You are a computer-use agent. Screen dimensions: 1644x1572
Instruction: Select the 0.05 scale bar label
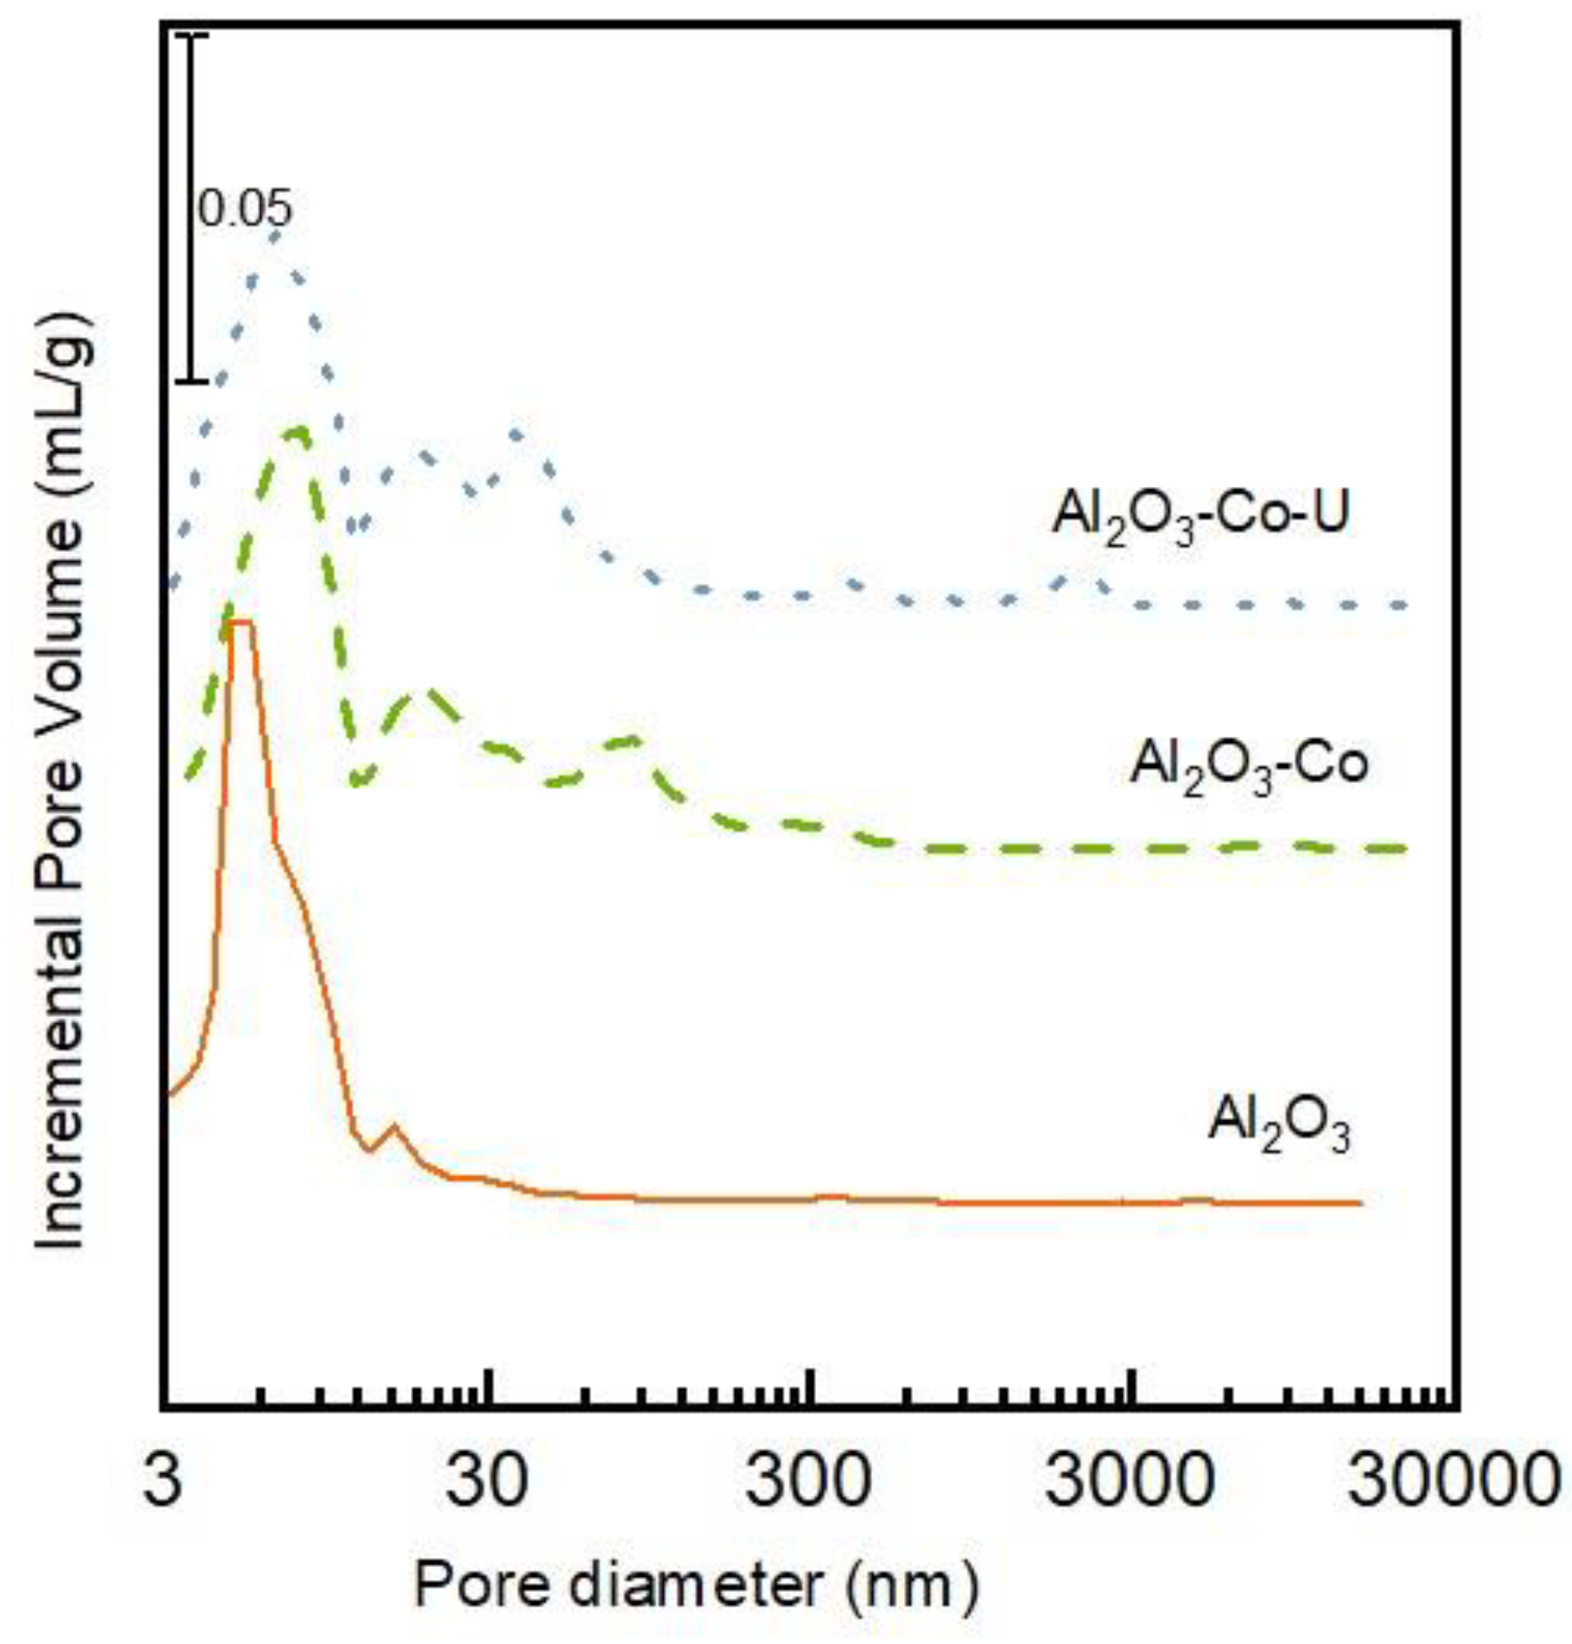[245, 209]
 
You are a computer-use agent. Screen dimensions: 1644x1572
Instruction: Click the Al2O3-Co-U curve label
[1200, 517]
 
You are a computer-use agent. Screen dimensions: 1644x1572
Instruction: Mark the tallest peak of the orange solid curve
[241, 621]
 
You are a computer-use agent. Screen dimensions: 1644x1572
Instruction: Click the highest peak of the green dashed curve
[297, 431]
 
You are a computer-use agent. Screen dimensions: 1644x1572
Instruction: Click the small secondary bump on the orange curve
[394, 1127]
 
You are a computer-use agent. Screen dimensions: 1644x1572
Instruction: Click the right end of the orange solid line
[1360, 1204]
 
